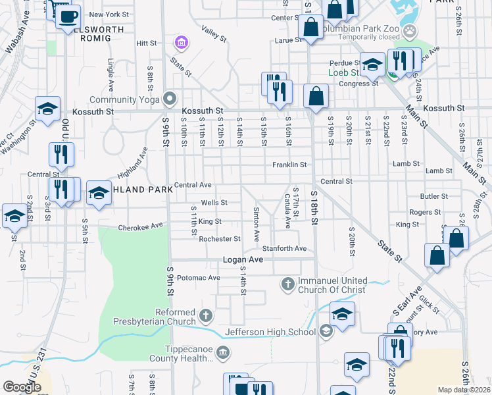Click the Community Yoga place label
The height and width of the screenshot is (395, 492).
pyautogui.click(x=125, y=99)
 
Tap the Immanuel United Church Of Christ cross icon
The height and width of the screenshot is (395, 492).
pyautogui.click(x=287, y=284)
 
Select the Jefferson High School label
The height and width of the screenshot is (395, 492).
pyautogui.click(x=270, y=332)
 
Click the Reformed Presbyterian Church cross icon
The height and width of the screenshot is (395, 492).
pyautogui.click(x=206, y=316)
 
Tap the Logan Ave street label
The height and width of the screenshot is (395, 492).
pyautogui.click(x=243, y=260)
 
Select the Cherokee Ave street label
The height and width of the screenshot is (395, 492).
pyautogui.click(x=140, y=227)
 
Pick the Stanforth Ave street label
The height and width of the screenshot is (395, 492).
pyautogui.click(x=285, y=249)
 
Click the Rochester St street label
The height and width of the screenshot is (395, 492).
pyautogui.click(x=220, y=239)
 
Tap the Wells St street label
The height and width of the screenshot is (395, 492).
pyautogui.click(x=214, y=203)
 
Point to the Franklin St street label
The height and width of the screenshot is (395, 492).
pyautogui.click(x=289, y=165)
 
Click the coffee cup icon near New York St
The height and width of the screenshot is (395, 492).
pyautogui.click(x=67, y=16)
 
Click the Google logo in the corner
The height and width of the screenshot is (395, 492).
pyautogui.click(x=22, y=386)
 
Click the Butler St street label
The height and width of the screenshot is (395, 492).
pyautogui.click(x=434, y=196)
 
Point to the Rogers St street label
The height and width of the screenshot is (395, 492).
pyautogui.click(x=424, y=213)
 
